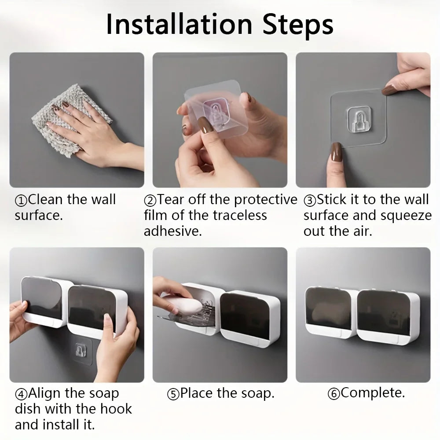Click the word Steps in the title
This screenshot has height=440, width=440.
click(x=298, y=25)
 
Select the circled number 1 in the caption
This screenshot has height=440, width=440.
click(x=21, y=201)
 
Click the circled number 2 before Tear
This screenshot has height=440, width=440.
click(x=150, y=201)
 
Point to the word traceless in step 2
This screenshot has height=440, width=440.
click(x=238, y=215)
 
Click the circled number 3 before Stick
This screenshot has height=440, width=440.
click(x=310, y=201)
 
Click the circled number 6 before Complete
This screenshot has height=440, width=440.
click(x=334, y=393)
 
